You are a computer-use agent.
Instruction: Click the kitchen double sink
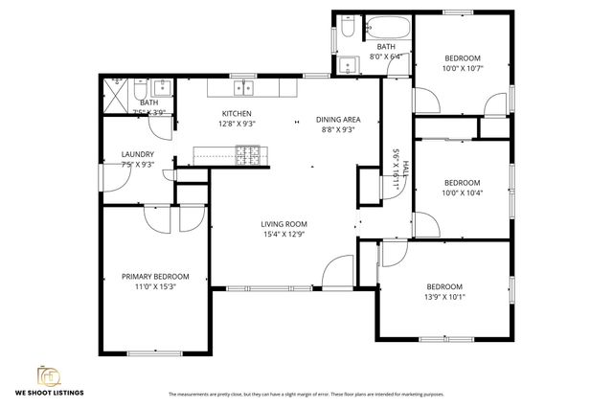243,88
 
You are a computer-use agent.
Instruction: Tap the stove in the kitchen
247,153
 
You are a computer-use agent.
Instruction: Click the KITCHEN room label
236,113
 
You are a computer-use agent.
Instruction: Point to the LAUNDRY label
137,154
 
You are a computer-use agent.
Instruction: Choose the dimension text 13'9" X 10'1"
444,296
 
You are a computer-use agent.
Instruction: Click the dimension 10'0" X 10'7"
462,68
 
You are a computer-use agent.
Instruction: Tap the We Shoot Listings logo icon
47,374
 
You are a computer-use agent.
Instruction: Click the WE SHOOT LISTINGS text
48,393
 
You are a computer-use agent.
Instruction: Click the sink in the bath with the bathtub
347,65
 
